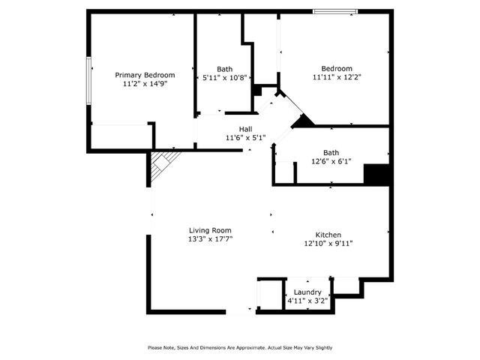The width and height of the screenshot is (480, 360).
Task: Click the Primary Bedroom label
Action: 145,75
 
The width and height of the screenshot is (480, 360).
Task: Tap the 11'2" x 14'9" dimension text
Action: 145,85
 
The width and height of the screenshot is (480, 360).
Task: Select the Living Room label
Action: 210,230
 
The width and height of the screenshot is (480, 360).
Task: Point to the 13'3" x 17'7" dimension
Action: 210,239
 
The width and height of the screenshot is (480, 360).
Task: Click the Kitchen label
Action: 328,234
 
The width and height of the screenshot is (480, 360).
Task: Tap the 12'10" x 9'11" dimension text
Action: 328,243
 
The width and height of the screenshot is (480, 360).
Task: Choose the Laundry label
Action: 307,292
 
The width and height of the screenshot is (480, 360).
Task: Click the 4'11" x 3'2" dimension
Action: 307,301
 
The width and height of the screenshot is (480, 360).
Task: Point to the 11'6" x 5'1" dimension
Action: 245,138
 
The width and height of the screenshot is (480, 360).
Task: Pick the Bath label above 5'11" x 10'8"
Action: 224,68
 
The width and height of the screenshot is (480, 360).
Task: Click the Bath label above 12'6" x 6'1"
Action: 331,152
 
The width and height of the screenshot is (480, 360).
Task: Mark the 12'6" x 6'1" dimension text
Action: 331,161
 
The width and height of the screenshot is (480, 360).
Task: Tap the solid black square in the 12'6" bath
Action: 376,174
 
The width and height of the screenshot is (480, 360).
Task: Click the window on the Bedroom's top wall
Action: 334,11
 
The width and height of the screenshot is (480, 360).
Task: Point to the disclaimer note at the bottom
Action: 240,347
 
